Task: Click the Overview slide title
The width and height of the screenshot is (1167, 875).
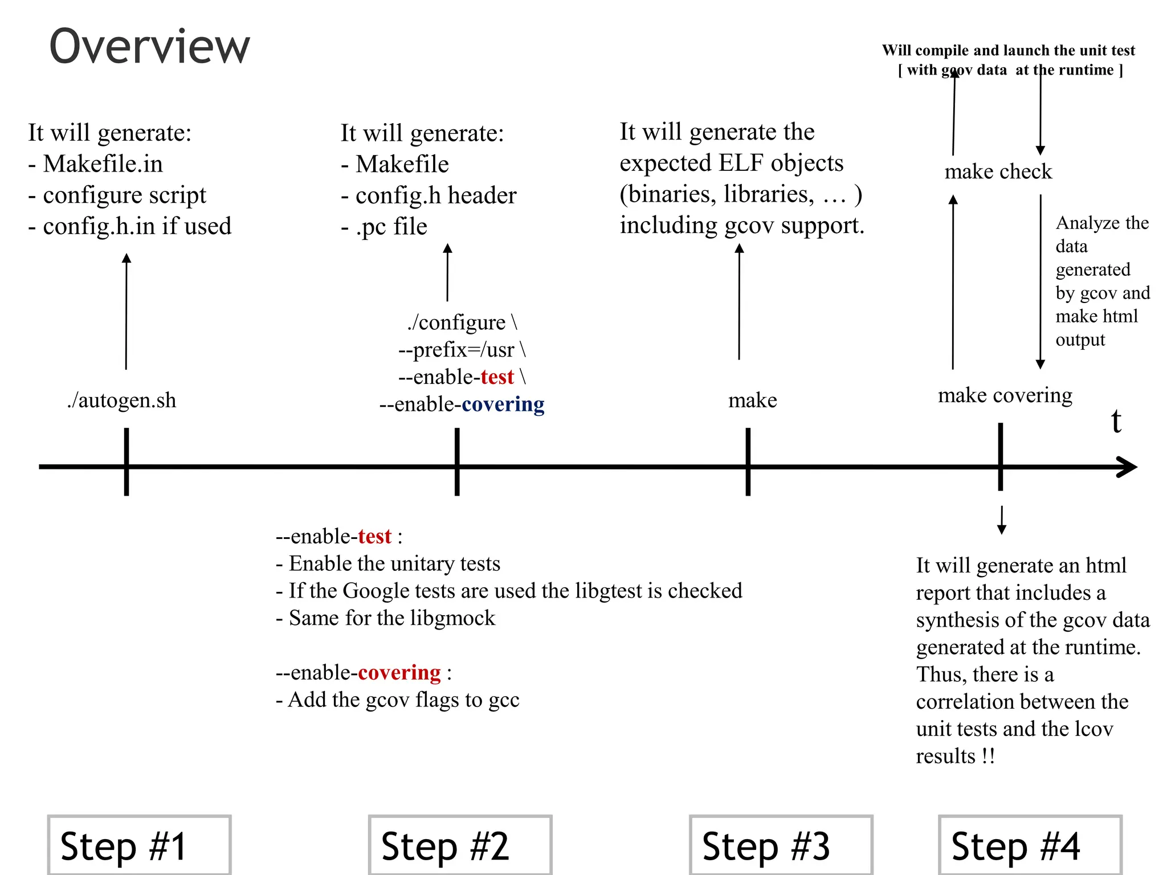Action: pos(149,47)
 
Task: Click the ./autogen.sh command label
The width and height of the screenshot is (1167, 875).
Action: pos(121,400)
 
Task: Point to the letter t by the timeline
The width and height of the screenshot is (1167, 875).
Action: pos(1116,422)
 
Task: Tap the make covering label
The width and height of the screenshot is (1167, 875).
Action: pos(1005,395)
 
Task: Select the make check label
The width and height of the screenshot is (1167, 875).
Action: pos(998,171)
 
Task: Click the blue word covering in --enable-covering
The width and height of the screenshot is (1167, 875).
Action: pos(503,404)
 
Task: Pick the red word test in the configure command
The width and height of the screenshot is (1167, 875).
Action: pos(497,377)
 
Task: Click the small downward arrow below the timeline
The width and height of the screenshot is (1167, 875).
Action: pos(1001,520)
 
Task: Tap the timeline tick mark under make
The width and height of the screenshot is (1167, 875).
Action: pos(748,461)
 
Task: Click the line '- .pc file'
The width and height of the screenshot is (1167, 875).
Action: pos(384,227)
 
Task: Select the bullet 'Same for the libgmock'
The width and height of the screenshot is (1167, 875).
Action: pos(386,618)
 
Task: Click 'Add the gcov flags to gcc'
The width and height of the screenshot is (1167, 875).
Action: pos(398,700)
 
